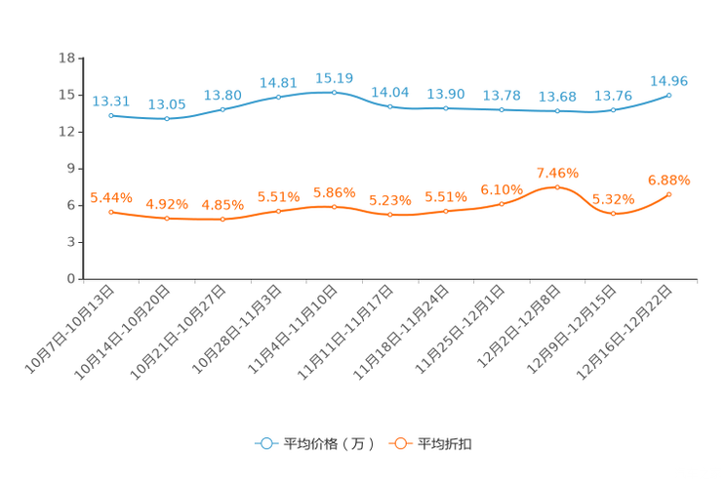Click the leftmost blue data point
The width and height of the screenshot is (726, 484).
[x=111, y=115]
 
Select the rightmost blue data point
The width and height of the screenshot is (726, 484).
[x=669, y=95]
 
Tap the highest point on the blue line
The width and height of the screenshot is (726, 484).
[x=335, y=92]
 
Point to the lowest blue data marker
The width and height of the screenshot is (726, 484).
[x=167, y=118]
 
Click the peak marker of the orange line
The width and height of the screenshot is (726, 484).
[x=557, y=186]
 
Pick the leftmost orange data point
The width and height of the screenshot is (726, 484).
[x=111, y=211]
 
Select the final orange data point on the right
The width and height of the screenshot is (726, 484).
[x=669, y=194]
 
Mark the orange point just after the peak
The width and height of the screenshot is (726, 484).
[x=614, y=212]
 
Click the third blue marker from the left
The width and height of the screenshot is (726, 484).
[x=222, y=108]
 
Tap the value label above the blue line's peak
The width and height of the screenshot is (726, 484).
[x=335, y=77]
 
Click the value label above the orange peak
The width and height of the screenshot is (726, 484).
[x=557, y=173]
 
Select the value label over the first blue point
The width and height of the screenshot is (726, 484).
[x=111, y=101]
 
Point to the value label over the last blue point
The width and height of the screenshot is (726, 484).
[x=669, y=80]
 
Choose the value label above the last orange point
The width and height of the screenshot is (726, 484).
[x=669, y=180]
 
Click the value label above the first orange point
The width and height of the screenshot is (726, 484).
[x=111, y=197]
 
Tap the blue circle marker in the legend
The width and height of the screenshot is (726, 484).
[x=265, y=443]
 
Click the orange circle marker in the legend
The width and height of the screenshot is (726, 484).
[x=398, y=443]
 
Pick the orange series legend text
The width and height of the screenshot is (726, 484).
[x=445, y=444]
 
